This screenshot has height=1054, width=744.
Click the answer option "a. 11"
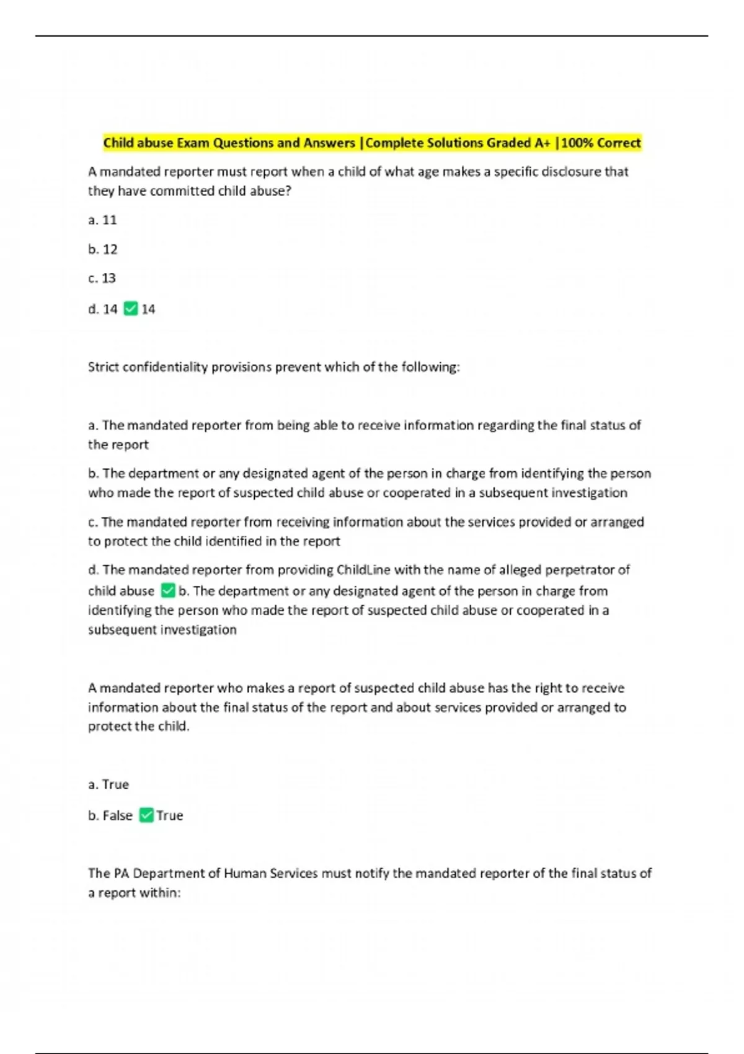pyautogui.click(x=102, y=220)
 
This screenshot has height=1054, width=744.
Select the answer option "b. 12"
pyautogui.click(x=102, y=249)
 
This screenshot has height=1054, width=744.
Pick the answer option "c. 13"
pyautogui.click(x=102, y=278)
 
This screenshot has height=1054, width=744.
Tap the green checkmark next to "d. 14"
pyautogui.click(x=130, y=309)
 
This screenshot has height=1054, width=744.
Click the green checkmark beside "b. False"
pyautogui.click(x=146, y=815)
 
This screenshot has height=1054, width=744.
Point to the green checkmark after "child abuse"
pyautogui.click(x=167, y=591)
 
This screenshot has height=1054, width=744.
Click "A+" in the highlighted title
pyautogui.click(x=542, y=143)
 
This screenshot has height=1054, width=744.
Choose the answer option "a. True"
pyautogui.click(x=108, y=784)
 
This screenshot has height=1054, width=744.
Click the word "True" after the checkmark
pyautogui.click(x=169, y=815)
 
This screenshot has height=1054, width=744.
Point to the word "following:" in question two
pyautogui.click(x=430, y=367)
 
